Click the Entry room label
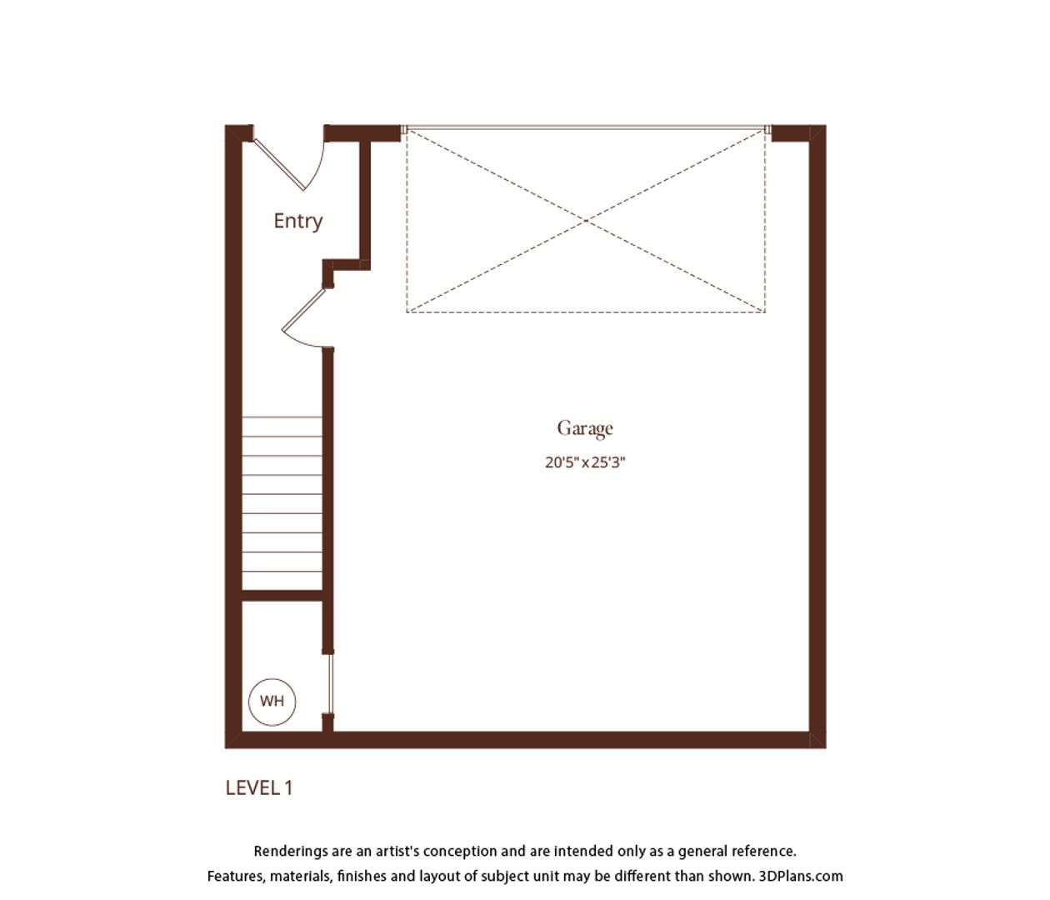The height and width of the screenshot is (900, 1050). coord(298,222)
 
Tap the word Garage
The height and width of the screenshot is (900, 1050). coord(585,428)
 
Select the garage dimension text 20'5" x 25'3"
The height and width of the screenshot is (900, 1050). coord(585,462)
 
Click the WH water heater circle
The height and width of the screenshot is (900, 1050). coord(272,702)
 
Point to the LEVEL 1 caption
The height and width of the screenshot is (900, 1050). coord(259,787)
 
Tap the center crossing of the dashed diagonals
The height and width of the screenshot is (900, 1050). coord(586,221)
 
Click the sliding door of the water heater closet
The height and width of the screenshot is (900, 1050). coord(330,684)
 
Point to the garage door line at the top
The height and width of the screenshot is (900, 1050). coord(586,127)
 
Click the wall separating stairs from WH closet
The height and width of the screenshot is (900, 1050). coord(282,596)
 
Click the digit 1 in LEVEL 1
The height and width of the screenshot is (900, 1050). coord(288,787)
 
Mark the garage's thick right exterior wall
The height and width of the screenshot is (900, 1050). coord(817,437)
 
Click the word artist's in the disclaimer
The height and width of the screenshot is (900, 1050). coord(397,851)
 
